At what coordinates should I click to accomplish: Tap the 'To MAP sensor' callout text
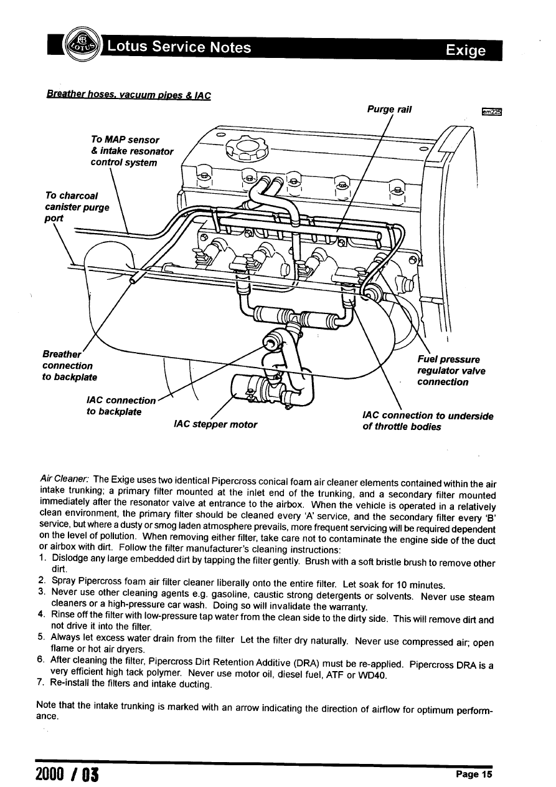(125, 140)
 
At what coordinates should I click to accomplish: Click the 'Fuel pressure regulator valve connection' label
(451, 371)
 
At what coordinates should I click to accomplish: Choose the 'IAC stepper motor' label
(215, 424)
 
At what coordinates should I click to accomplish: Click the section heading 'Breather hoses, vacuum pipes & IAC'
(128, 95)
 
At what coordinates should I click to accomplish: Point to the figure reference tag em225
(492, 112)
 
